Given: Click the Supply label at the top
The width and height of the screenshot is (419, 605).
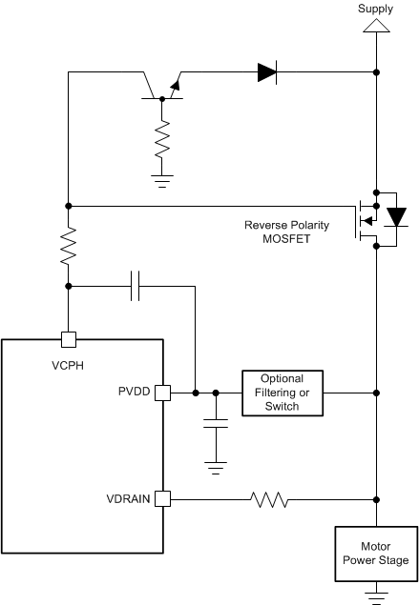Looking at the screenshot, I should pos(375,9).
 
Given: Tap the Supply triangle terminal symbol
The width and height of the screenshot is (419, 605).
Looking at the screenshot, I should pos(375,26).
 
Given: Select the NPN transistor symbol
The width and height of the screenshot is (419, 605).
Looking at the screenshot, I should pos(159,85).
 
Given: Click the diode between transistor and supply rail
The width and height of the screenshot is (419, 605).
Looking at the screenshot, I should pos(266,71).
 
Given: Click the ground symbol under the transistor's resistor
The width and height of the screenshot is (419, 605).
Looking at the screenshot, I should pos(163,176).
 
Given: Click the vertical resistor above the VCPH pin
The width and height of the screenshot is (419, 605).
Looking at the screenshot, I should pos(68,246).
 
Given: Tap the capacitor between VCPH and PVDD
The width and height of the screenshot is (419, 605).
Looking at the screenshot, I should pos(136,285).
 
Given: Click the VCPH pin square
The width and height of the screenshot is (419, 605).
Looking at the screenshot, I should pos(68,338).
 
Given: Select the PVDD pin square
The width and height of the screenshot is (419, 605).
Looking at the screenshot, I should pos(162,393).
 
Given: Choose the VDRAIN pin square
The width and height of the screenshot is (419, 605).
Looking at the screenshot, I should pos(162,497).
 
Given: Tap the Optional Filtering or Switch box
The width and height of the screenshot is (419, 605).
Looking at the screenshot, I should pos(282,393).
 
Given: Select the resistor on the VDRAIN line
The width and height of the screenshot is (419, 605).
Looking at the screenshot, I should pos(268,497).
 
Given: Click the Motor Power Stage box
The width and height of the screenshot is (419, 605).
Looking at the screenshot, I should pos(375,554).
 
